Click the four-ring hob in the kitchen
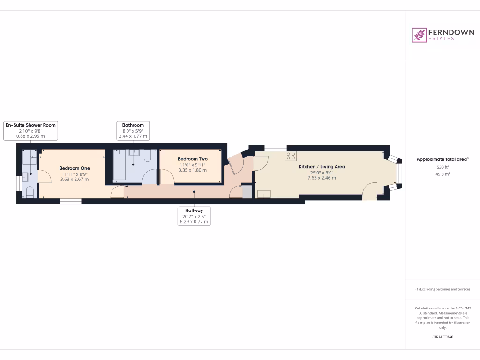point(291,157)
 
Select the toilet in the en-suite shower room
point(30,192)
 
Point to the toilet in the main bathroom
point(147,156)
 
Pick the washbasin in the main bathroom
point(135,152)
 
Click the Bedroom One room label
point(74,168)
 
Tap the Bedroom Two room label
point(192,159)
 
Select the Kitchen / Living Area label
point(322,166)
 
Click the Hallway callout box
point(194,216)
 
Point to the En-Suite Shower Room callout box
point(30,130)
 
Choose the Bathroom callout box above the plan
point(133,130)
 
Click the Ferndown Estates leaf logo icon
point(419,35)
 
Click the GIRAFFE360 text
point(442,337)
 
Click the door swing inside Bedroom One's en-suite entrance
point(44,175)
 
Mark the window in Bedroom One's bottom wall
point(70,201)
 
